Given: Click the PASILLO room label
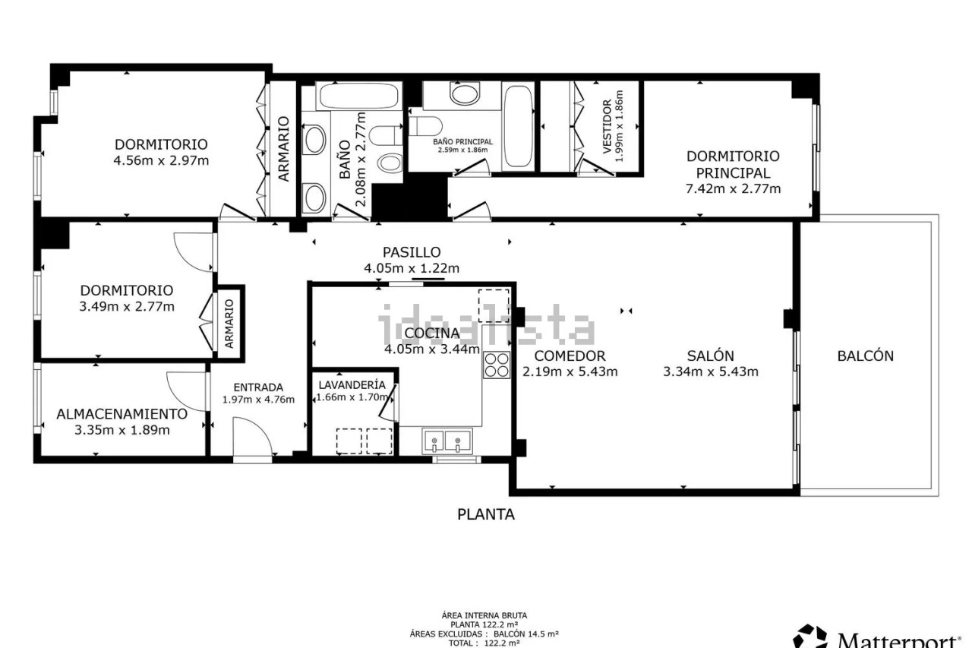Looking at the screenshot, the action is (x=412, y=252).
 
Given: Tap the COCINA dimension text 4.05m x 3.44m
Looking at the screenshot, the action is (x=432, y=349).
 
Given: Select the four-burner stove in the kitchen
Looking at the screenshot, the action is (x=497, y=365).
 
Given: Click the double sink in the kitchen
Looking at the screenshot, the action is (x=447, y=441).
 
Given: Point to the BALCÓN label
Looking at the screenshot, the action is (x=865, y=356).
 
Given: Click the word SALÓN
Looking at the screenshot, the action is (x=710, y=356).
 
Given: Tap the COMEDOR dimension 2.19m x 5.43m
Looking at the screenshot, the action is (x=570, y=372).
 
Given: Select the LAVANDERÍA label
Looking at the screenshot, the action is (x=352, y=385).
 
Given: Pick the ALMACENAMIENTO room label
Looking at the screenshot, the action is (x=122, y=414).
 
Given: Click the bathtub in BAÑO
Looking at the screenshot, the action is (x=358, y=96).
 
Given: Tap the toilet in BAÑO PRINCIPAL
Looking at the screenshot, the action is (x=425, y=126).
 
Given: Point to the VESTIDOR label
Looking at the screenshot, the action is (x=607, y=126).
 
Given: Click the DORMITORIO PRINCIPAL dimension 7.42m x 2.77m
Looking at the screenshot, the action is (x=733, y=189).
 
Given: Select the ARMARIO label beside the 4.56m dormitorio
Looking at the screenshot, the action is (x=283, y=149).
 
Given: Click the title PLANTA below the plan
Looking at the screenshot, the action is (x=486, y=514).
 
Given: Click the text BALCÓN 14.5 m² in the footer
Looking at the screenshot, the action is (x=526, y=634).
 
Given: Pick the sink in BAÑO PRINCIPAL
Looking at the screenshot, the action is (x=465, y=93).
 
